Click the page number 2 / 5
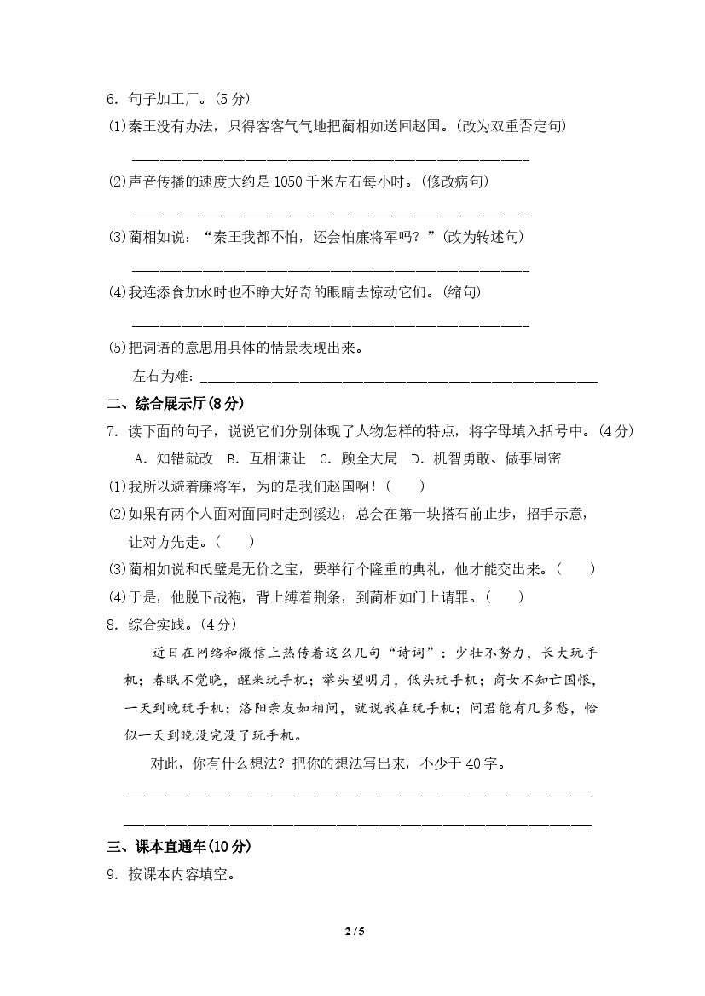(x=353, y=930)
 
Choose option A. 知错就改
(x=173, y=458)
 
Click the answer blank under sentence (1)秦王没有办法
(x=331, y=157)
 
